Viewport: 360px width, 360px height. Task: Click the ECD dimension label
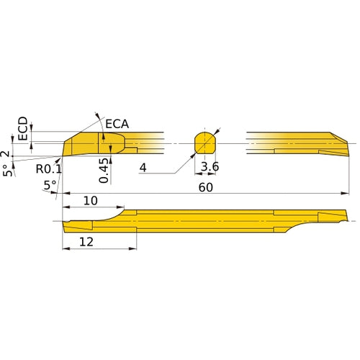coord(23,129)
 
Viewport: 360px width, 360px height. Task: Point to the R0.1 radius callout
coord(49,168)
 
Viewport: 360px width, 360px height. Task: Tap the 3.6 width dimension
coord(210,168)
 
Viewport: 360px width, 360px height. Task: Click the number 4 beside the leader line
coord(143,168)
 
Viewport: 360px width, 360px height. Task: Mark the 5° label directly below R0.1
coord(50,185)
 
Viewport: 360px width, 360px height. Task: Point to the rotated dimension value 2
coord(7,154)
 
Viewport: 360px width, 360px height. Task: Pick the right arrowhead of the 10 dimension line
coord(121,207)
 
